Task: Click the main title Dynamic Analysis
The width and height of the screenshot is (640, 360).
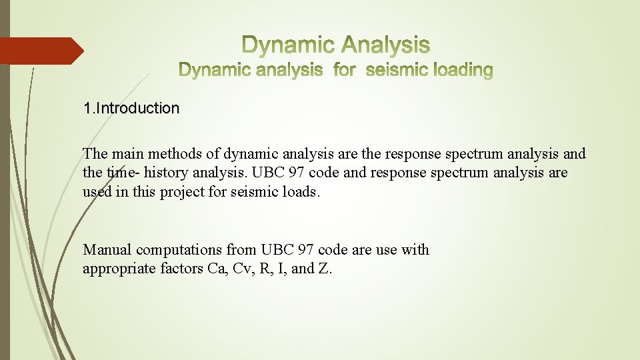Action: [335, 45]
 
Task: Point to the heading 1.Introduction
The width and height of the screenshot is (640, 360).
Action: [131, 108]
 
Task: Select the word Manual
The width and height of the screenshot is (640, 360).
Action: [107, 250]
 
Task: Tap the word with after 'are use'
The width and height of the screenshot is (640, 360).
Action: [415, 250]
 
